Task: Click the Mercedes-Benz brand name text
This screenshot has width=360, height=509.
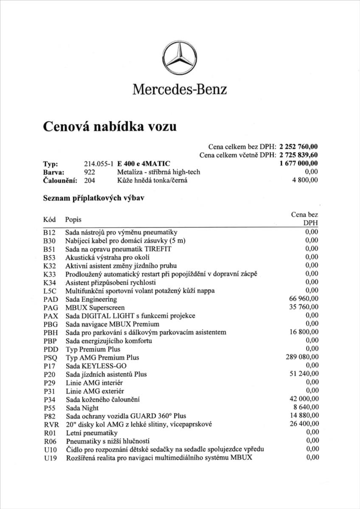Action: pyautogui.click(x=180, y=89)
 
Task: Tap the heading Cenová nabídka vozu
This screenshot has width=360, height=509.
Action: pyautogui.click(x=110, y=126)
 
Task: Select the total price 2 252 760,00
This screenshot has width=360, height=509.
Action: pyautogui.click(x=299, y=147)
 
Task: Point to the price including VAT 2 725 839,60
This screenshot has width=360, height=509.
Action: pyautogui.click(x=299, y=155)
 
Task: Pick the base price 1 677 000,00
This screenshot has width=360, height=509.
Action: pyautogui.click(x=299, y=163)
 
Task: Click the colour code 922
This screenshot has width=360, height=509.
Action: pyautogui.click(x=90, y=172)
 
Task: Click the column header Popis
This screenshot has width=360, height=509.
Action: pyautogui.click(x=73, y=220)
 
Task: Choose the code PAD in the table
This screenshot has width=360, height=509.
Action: pyautogui.click(x=50, y=299)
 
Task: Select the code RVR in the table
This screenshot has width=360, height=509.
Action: pyautogui.click(x=51, y=424)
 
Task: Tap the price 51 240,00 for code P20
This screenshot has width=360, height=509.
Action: pyautogui.click(x=304, y=374)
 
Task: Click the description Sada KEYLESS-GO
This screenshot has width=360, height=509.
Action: pyautogui.click(x=96, y=366)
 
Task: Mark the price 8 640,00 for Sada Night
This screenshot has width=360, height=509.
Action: pyautogui.click(x=305, y=407)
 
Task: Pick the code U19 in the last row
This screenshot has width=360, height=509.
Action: pyautogui.click(x=50, y=457)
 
